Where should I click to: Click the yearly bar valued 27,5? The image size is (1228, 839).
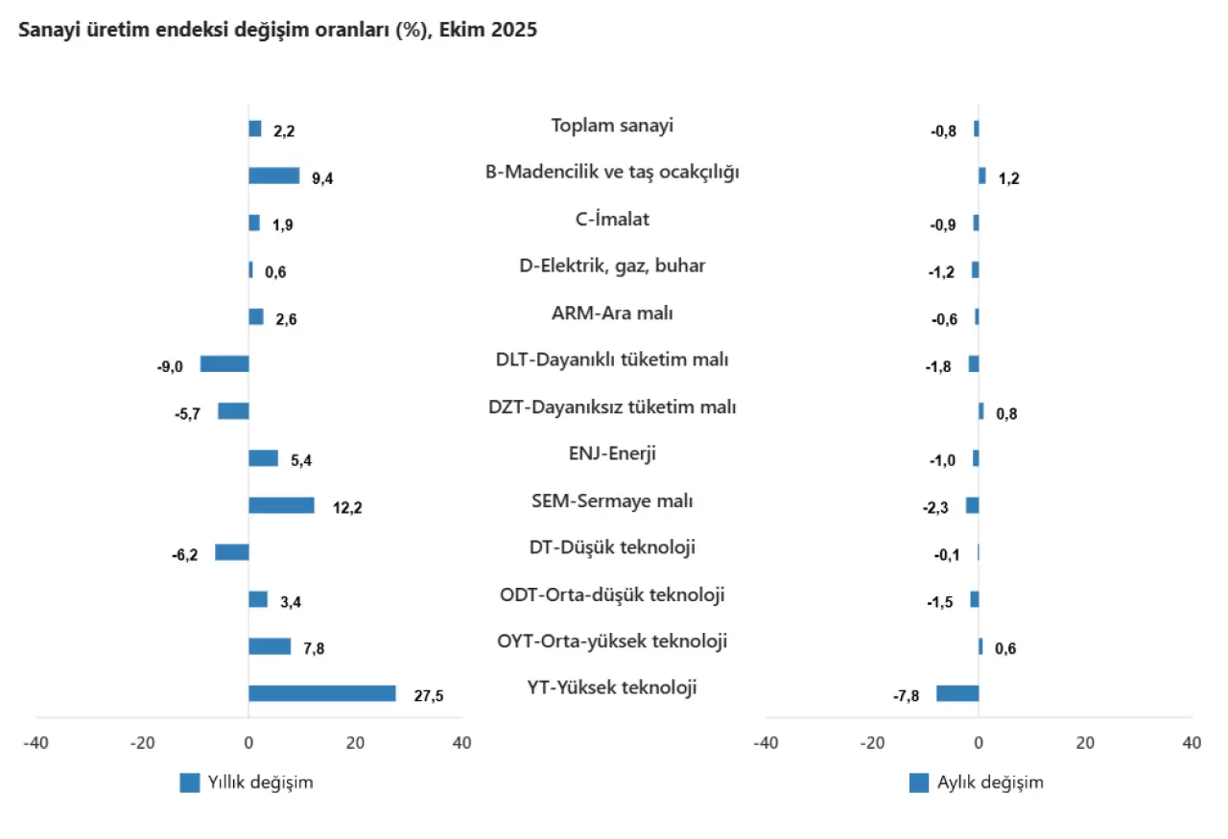[321, 693]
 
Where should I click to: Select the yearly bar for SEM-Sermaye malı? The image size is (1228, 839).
[281, 505]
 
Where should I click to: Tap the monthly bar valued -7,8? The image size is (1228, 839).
[957, 693]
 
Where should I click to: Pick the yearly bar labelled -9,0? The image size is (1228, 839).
[224, 363]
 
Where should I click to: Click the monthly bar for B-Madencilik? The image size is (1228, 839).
[982, 175]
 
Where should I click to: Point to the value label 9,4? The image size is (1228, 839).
[322, 177]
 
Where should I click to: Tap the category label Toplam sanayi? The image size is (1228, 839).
[612, 125]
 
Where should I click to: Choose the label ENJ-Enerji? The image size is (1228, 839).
[612, 454]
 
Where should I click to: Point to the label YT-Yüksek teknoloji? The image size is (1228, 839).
[612, 688]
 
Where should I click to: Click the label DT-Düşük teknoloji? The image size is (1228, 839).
[612, 548]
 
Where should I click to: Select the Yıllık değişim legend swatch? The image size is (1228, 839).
[190, 782]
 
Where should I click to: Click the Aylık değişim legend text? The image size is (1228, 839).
[990, 782]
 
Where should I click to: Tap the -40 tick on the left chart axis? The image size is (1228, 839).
[36, 743]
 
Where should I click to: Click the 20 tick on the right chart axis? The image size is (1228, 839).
[1085, 743]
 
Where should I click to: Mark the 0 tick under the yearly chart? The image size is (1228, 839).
[248, 743]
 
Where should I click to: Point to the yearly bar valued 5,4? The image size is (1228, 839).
[263, 458]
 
